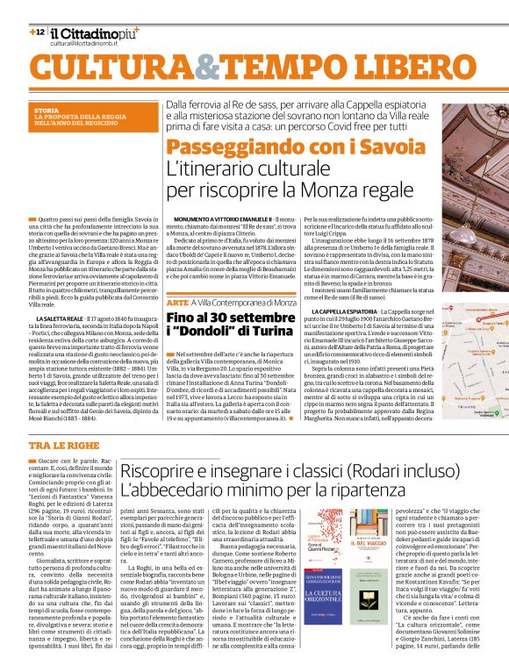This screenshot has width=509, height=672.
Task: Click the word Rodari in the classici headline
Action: point(329,471)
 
